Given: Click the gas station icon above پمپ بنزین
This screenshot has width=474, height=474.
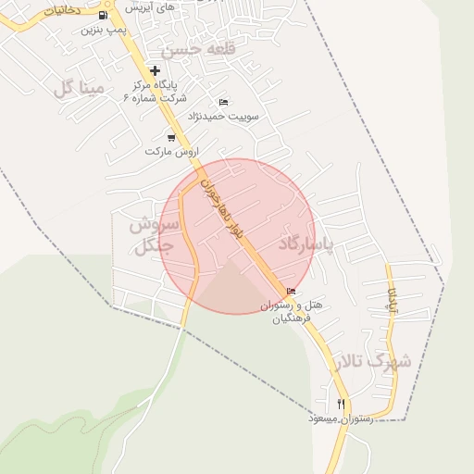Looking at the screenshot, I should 101,15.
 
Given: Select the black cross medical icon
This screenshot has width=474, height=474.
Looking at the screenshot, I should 155,70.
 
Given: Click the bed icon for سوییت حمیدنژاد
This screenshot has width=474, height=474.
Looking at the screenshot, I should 223,102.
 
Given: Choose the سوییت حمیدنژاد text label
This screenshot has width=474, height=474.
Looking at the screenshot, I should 224,116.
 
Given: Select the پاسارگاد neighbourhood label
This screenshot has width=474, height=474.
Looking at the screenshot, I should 317,243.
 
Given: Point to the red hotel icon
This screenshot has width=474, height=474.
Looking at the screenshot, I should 292,293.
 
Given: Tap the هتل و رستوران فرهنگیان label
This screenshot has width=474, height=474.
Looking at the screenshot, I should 291,311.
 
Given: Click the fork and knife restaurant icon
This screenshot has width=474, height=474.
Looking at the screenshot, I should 342,404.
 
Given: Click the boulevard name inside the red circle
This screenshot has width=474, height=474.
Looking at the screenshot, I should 223,209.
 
